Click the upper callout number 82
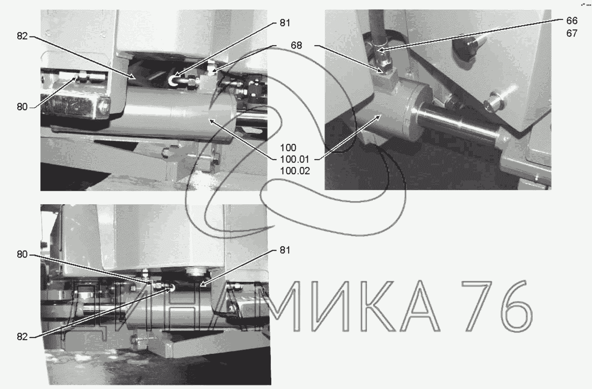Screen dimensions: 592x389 (x=22, y=36)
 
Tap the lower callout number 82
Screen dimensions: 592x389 (x=22, y=337)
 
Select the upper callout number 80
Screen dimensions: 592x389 (x=22, y=107)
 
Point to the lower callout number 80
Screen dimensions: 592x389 (x=22, y=255)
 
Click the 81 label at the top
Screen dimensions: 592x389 (x=285, y=23)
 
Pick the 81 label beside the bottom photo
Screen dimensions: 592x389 (x=285, y=250)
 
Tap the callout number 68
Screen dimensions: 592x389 (x=296, y=46)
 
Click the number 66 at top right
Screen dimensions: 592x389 (x=572, y=21)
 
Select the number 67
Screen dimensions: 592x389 (x=572, y=33)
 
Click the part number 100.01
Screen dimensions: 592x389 (x=294, y=160)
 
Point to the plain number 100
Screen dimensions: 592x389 (x=288, y=147)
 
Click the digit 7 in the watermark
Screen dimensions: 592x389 (x=477, y=306)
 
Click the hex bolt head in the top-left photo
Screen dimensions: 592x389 (x=104, y=106)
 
